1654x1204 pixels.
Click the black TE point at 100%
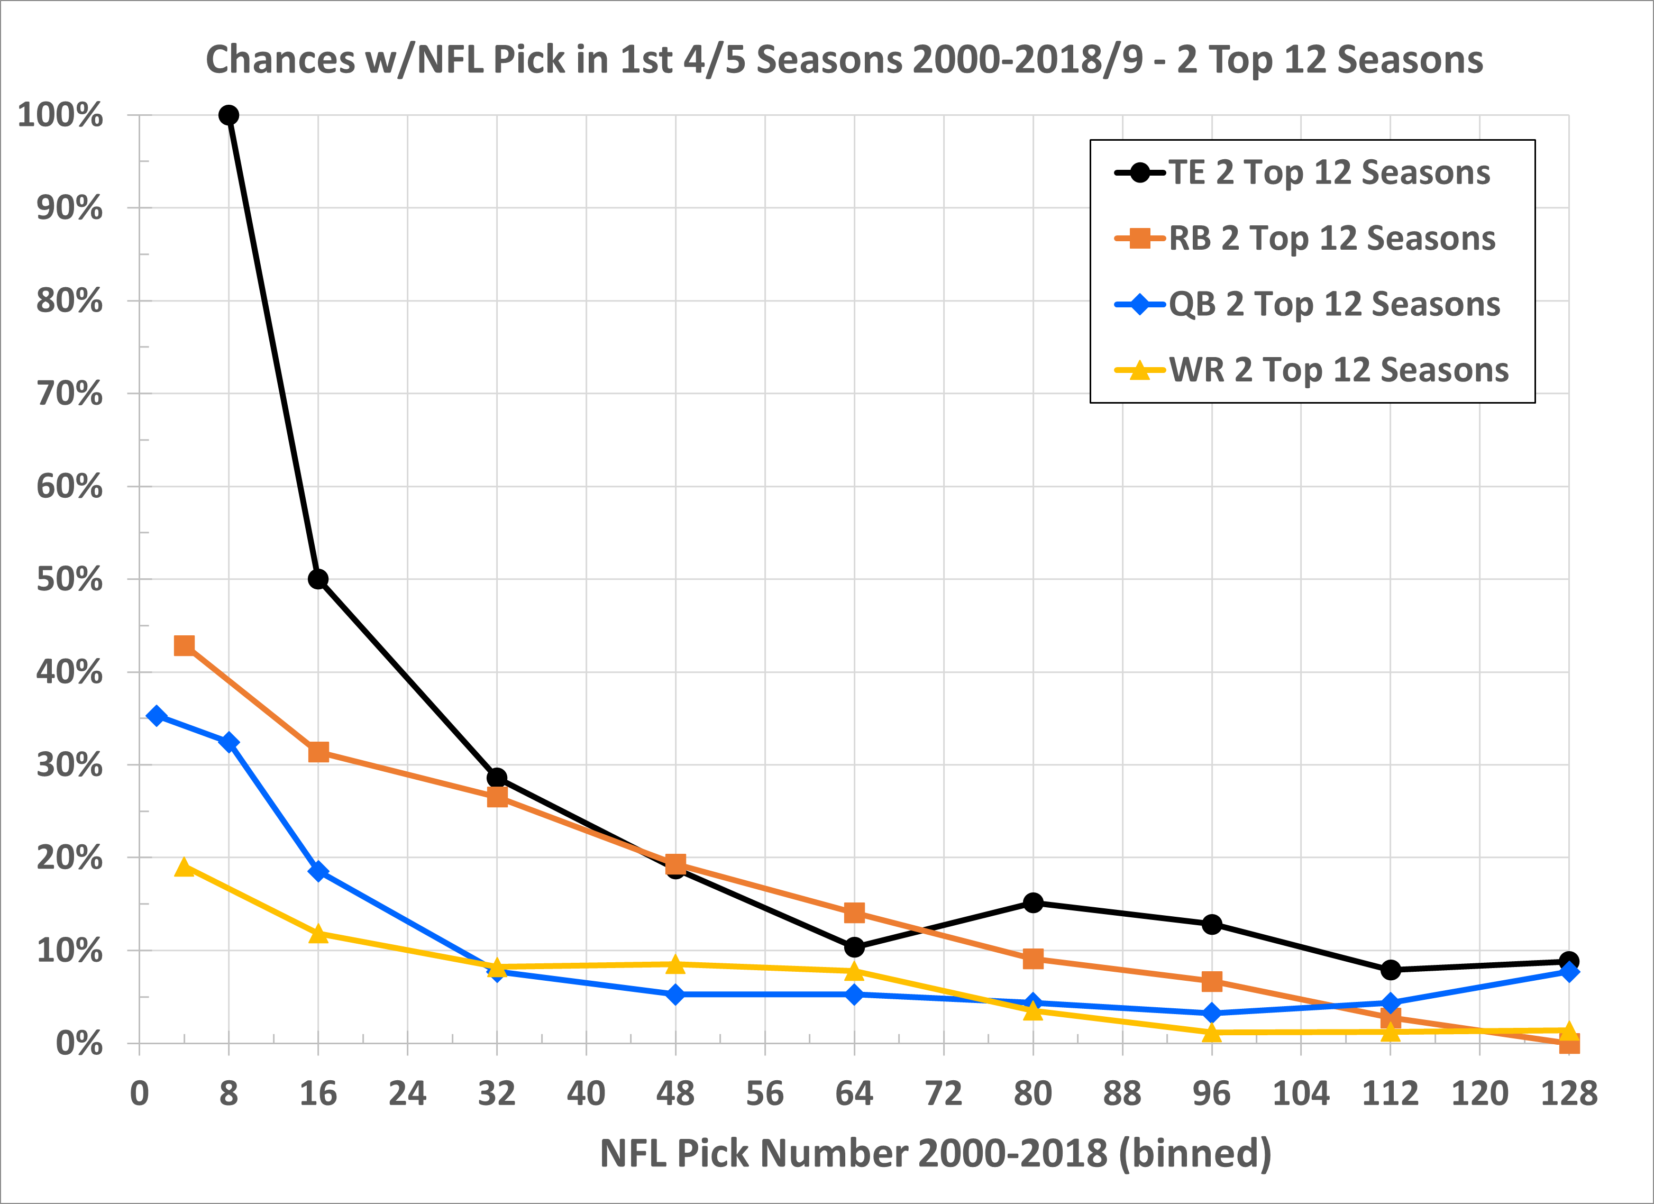click(x=229, y=115)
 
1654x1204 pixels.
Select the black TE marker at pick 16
click(x=318, y=579)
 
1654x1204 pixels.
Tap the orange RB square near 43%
click(x=185, y=645)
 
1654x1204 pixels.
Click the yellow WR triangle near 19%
click(x=185, y=867)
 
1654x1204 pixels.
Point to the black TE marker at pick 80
click(x=1032, y=903)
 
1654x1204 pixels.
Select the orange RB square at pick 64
click(x=854, y=913)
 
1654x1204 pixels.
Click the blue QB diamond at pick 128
click(x=1569, y=971)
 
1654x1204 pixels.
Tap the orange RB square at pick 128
click(x=1569, y=1044)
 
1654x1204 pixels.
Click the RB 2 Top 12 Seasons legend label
click(x=1332, y=239)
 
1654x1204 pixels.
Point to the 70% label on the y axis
click(x=70, y=394)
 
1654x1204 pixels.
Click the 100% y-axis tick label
click(x=60, y=115)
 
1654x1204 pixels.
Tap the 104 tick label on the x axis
click(x=1301, y=1093)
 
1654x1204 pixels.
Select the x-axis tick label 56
click(x=765, y=1093)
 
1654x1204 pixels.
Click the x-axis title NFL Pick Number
click(x=936, y=1153)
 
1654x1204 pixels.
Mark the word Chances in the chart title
click(x=280, y=59)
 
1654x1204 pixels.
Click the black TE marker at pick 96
click(x=1211, y=924)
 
